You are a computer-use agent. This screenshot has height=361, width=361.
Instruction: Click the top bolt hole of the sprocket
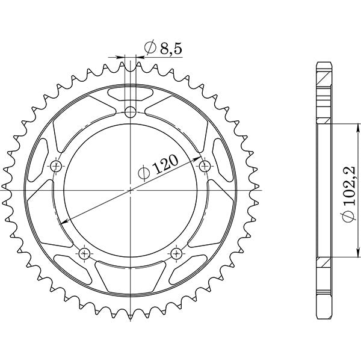[131, 111]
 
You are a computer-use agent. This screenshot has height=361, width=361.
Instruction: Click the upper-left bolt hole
[57, 165]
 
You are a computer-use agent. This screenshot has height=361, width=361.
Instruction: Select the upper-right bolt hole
[205, 165]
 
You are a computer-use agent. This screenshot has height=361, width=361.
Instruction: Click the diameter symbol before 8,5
[149, 48]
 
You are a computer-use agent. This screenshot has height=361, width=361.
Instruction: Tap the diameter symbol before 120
[143, 174]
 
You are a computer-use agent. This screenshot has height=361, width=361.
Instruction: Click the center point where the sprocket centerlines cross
[131, 190]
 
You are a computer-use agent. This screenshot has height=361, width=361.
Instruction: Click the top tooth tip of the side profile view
[324, 63]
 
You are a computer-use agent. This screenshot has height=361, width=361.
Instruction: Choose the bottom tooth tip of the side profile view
[324, 317]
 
